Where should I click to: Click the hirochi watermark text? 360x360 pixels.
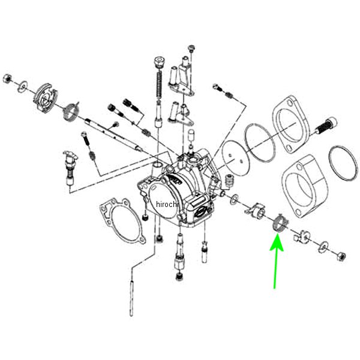pos(167,205)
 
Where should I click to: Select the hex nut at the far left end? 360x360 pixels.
pos(8,77)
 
